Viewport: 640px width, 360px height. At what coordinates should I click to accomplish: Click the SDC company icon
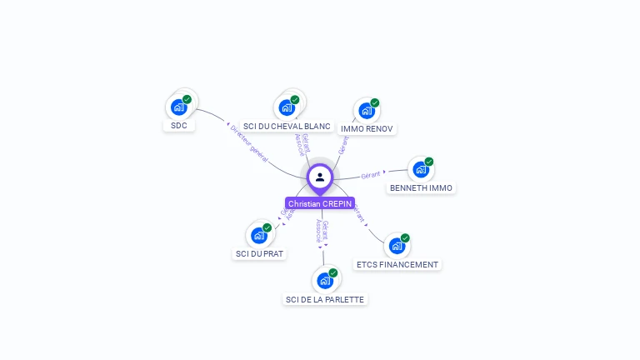(178, 107)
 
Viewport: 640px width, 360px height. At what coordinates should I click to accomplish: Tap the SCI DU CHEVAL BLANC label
(287, 127)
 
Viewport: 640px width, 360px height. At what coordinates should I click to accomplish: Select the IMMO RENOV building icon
(365, 110)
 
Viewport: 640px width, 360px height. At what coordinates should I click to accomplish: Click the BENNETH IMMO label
(421, 188)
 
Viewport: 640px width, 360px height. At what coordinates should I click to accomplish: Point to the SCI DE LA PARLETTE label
(325, 299)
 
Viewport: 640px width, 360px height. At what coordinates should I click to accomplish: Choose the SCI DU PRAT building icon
(259, 235)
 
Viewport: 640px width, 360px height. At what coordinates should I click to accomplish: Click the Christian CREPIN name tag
(320, 203)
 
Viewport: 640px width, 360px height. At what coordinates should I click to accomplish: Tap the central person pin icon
(320, 177)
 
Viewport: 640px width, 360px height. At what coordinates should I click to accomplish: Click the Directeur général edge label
(248, 143)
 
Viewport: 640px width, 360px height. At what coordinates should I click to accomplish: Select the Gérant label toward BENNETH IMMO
(371, 174)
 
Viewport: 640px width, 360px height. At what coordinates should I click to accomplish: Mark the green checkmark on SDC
(187, 99)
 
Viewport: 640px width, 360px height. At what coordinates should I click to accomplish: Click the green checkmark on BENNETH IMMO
(429, 162)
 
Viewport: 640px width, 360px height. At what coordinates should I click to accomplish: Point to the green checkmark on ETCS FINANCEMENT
(405, 238)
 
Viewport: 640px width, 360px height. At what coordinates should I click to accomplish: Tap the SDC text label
(178, 126)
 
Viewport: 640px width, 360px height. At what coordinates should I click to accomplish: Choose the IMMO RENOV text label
(367, 128)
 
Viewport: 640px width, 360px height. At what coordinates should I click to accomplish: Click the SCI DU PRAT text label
(259, 253)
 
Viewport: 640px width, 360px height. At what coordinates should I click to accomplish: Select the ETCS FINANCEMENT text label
(397, 264)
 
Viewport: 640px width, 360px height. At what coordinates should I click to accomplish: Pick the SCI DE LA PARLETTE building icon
(324, 281)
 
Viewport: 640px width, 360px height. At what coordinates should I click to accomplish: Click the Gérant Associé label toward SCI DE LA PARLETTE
(322, 231)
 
